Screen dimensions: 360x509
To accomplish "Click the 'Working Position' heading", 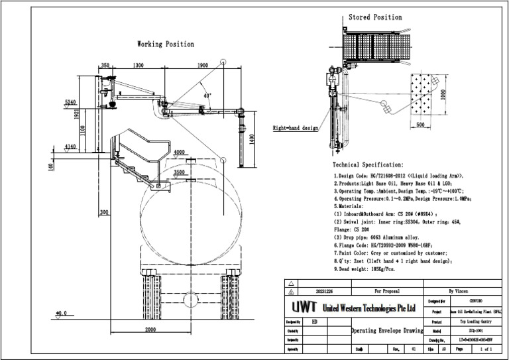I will point(166,44).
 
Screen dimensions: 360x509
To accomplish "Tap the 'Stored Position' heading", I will point(375,17).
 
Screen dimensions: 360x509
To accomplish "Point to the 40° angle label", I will point(207,95).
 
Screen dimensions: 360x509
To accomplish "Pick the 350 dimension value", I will point(105,66).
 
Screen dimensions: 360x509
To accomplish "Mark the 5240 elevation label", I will point(71,102).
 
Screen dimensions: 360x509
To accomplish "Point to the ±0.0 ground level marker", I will point(61,313).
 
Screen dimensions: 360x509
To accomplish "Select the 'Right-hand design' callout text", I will point(296,127).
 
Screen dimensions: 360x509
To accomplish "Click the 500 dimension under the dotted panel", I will point(420,124).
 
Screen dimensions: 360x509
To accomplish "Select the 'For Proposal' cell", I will point(387,290).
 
